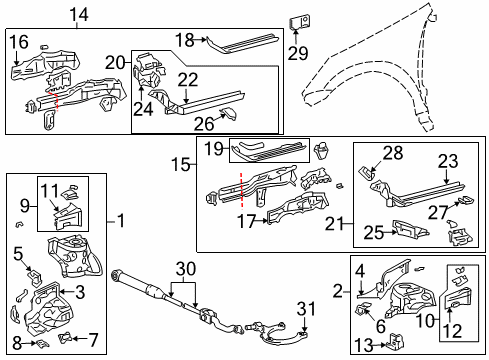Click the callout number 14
pyautogui.click(x=78, y=14)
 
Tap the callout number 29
pyautogui.click(x=297, y=51)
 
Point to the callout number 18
pyautogui.click(x=183, y=39)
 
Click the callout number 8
pyautogui.click(x=17, y=343)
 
